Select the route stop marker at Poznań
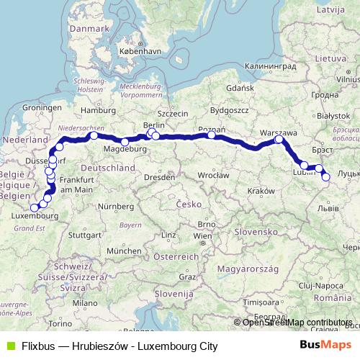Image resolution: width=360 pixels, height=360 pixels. pos(212,135)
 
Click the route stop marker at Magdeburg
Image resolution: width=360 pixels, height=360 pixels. pos(125,142)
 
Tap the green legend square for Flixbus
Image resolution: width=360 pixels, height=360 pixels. pos(9,346)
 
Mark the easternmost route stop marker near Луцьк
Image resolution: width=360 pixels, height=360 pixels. pos(325,176)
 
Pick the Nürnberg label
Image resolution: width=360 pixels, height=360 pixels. pos(117,207)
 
